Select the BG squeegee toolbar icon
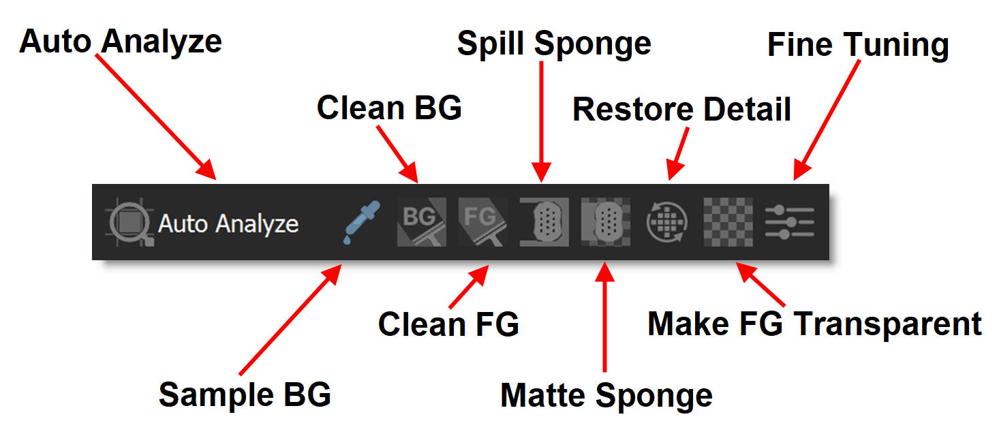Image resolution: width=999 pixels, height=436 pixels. [421, 222]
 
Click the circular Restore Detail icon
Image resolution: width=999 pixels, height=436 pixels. [667, 222]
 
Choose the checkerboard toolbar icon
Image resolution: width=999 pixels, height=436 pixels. [728, 222]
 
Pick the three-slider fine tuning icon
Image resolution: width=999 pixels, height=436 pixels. [789, 223]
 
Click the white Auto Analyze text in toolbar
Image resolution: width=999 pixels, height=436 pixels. [228, 223]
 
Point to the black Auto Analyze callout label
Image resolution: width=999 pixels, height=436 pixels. [121, 42]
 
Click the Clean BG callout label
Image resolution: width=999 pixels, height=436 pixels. [389, 108]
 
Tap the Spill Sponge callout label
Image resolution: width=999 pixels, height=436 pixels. [554, 44]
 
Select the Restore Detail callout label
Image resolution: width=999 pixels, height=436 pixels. [681, 110]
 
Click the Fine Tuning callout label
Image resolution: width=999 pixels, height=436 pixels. [858, 46]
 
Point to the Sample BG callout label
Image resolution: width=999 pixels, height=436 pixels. [245, 394]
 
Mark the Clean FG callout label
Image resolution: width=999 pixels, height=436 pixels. [448, 324]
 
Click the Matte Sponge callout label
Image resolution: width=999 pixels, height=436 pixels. [606, 395]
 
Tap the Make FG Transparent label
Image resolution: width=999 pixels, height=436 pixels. [814, 324]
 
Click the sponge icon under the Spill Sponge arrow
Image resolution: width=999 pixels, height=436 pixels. [542, 222]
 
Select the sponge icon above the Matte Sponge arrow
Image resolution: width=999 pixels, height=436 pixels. [604, 222]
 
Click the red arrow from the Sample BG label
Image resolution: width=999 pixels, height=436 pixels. [290, 320]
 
